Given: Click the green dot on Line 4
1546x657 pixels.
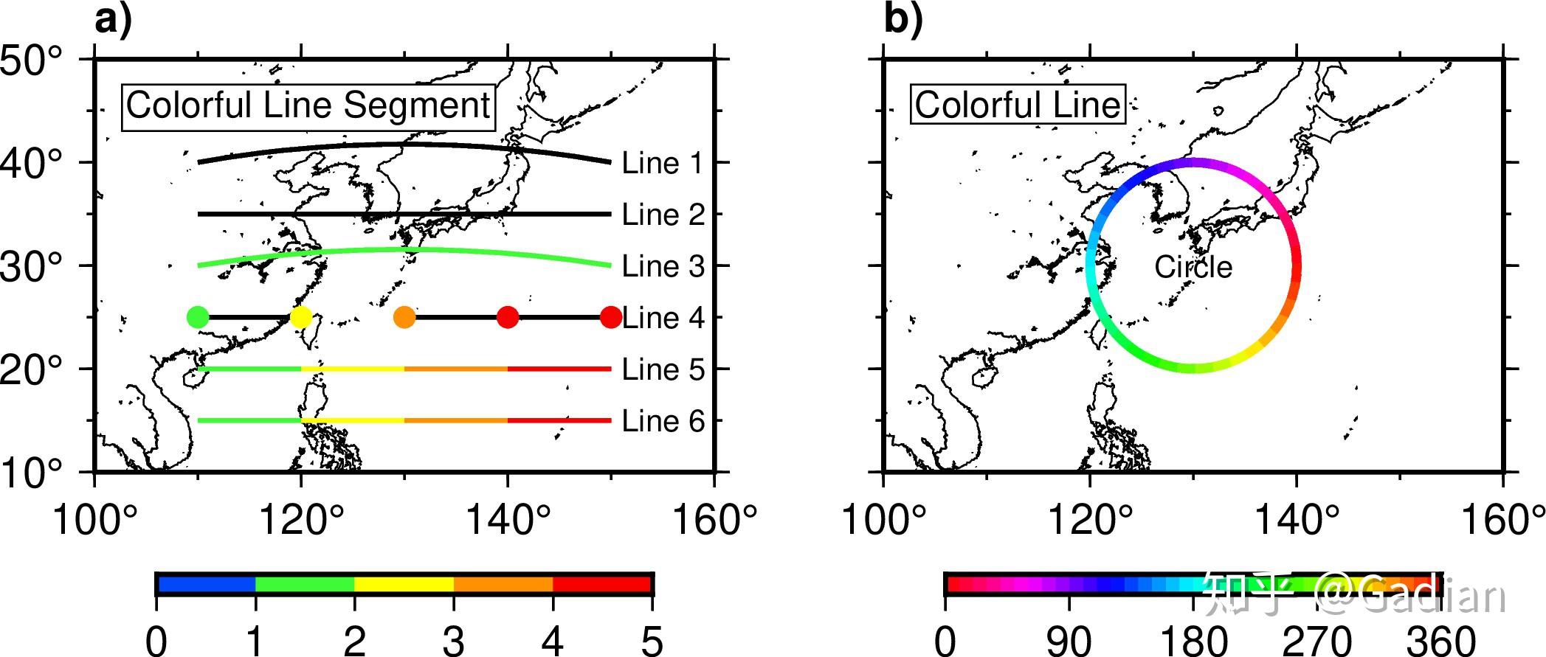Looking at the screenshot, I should [x=198, y=317].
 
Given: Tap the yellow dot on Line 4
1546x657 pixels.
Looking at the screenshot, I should [x=301, y=317].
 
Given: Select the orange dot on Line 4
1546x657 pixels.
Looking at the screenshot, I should [x=404, y=317].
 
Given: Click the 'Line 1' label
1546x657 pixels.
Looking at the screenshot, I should [x=663, y=163].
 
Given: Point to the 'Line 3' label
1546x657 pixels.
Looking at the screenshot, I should [x=663, y=266].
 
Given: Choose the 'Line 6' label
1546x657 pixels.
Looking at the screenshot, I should [x=663, y=421].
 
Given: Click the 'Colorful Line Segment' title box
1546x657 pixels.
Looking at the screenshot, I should [x=308, y=106].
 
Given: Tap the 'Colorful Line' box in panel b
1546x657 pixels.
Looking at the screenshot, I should [x=1018, y=105].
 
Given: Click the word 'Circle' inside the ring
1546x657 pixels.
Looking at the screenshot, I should [x=1193, y=267].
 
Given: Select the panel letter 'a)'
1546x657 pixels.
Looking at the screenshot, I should [x=113, y=20].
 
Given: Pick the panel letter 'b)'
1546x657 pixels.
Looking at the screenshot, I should [x=903, y=20].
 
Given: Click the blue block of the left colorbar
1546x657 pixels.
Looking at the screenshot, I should [x=206, y=585].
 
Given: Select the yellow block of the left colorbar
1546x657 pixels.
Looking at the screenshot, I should [x=404, y=585].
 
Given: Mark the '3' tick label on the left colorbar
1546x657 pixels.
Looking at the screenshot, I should [x=453, y=639].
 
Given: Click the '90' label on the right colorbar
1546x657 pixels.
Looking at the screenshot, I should [x=1069, y=639].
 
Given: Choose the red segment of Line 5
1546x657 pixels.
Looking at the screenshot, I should [x=559, y=369].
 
